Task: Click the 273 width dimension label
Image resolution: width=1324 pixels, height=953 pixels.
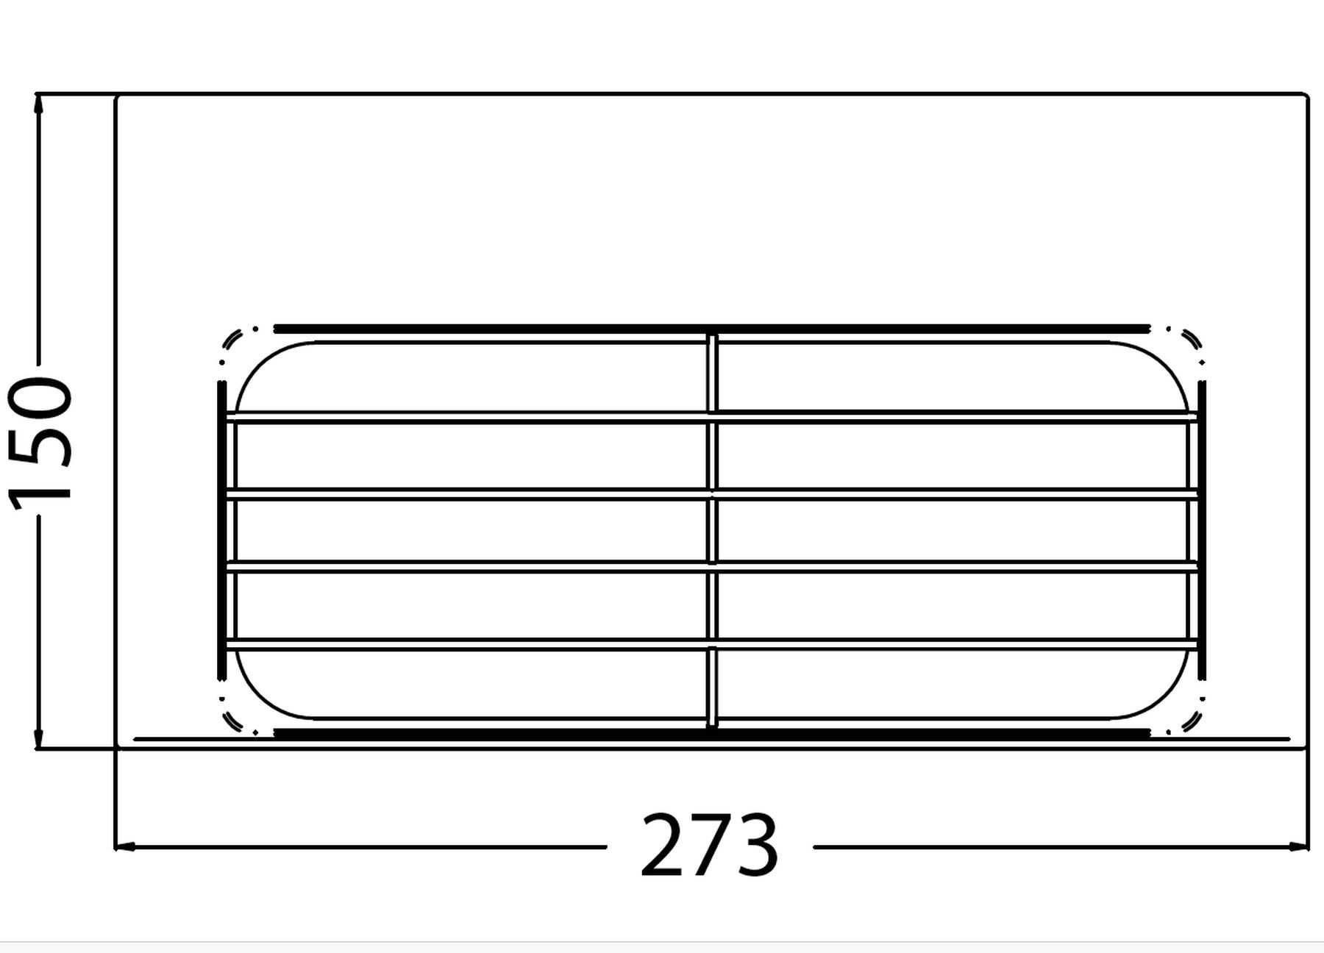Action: pyautogui.click(x=709, y=846)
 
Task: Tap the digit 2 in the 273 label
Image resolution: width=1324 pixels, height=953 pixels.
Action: pyautogui.click(x=663, y=846)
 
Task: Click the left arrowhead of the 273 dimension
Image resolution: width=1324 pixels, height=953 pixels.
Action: pyautogui.click(x=127, y=847)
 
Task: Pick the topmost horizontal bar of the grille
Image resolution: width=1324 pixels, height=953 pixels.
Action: pyautogui.click(x=711, y=418)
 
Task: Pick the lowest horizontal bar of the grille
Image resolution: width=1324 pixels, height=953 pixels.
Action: pyautogui.click(x=711, y=645)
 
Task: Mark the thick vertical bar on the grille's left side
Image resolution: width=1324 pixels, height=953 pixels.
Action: pyautogui.click(x=221, y=529)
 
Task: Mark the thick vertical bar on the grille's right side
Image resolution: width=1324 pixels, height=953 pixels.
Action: pyautogui.click(x=1202, y=529)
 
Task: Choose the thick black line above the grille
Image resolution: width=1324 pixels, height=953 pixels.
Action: pyautogui.click(x=711, y=328)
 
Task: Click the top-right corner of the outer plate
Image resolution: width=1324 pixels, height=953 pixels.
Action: pyautogui.click(x=1306, y=95)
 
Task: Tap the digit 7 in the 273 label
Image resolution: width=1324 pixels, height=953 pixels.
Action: pyautogui.click(x=709, y=846)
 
